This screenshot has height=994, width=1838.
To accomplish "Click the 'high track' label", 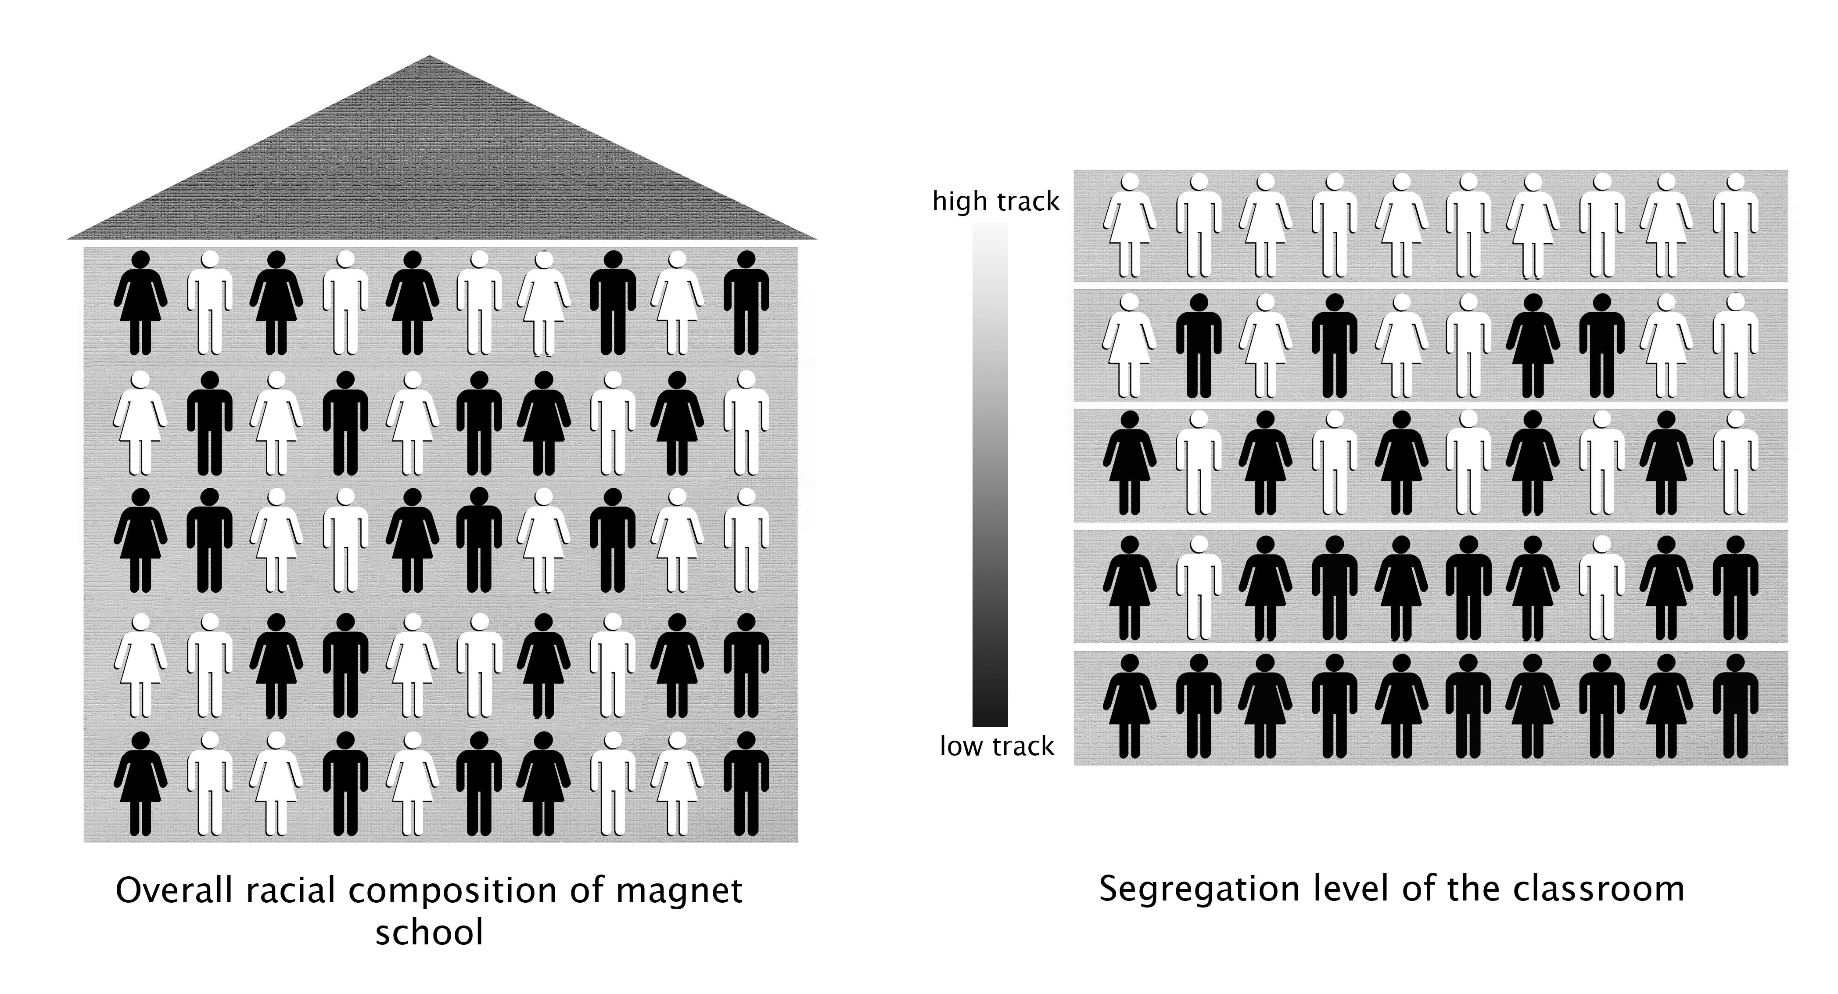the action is coord(996,202).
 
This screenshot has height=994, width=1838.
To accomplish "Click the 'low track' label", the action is coord(996,746).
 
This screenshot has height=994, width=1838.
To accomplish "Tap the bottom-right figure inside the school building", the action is coord(747,784).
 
